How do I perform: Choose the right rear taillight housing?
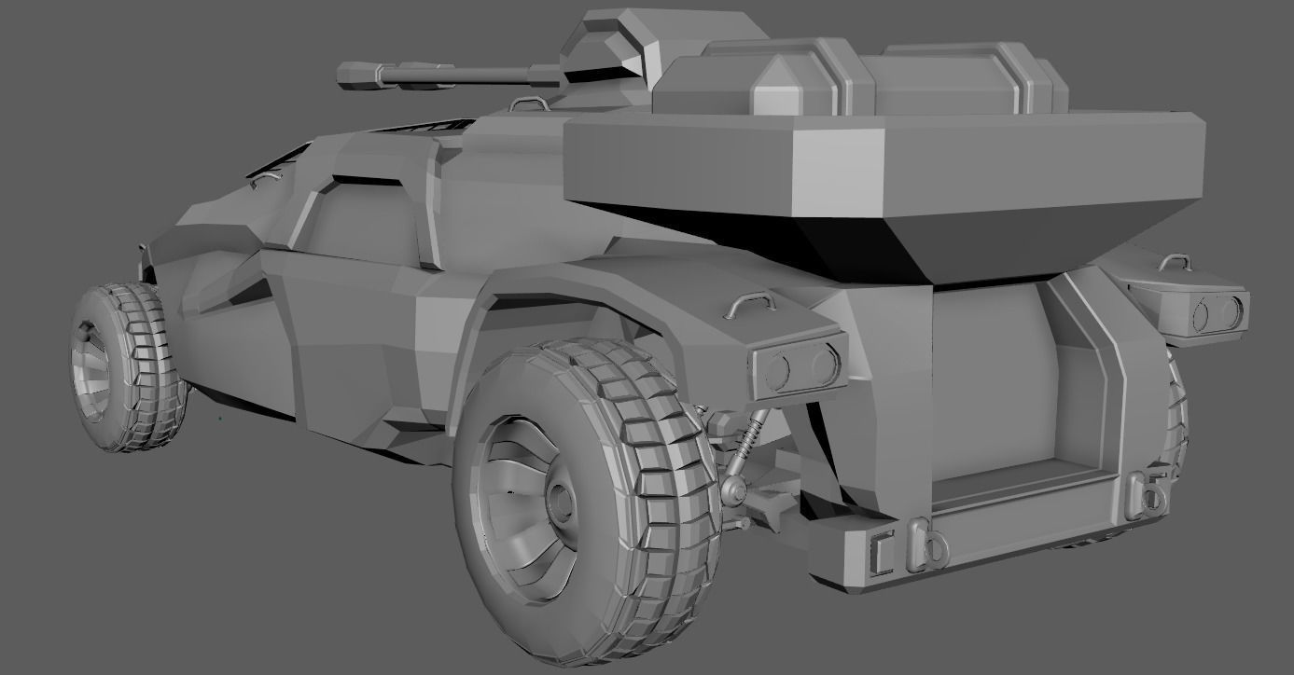point(1206,311)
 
